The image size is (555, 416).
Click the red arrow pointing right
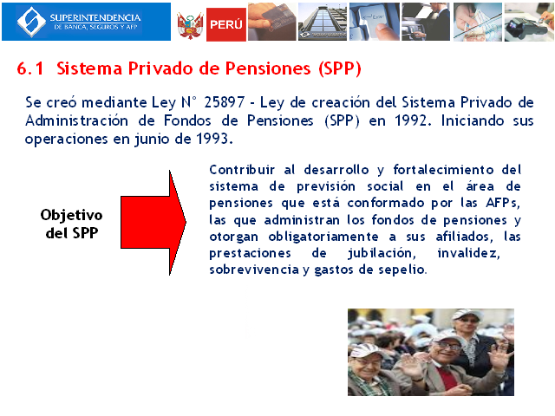153,223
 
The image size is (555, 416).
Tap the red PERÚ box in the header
226,24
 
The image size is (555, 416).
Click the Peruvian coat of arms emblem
190,25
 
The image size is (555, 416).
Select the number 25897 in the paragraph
225,102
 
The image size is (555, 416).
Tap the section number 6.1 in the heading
30,68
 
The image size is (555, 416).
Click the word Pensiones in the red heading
268,68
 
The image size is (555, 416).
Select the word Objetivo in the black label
71,215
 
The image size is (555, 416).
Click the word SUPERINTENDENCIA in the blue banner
95,17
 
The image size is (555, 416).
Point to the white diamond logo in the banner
31,22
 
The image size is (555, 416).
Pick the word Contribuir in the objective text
242,170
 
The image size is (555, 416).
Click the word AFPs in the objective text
503,203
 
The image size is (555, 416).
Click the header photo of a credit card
271,22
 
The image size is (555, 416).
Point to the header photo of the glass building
323,22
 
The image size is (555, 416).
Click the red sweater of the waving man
447,378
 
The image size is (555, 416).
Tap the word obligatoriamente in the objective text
323,237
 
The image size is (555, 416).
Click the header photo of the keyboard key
375,22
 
